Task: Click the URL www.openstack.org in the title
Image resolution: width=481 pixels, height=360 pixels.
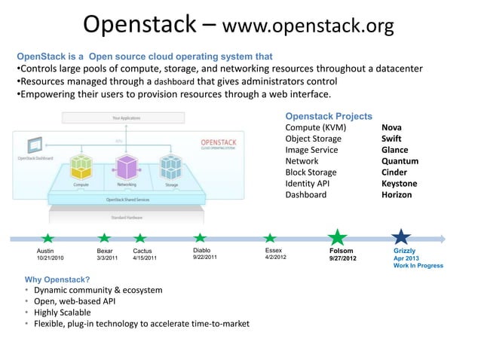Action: [308, 27]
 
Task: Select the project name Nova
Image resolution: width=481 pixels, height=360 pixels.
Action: [391, 127]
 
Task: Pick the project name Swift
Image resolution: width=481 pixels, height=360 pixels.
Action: [391, 139]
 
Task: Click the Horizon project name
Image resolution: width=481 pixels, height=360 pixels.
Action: [397, 194]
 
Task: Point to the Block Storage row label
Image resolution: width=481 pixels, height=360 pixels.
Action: [311, 172]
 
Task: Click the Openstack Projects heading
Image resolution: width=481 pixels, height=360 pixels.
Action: [328, 116]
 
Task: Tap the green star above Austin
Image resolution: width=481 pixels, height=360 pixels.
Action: [47, 239]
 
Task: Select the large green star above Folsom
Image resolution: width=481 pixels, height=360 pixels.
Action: [339, 237]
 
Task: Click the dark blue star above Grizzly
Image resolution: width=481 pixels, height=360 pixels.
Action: [401, 237]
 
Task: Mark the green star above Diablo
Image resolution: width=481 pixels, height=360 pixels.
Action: [200, 239]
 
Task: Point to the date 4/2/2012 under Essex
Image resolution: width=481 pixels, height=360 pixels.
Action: [275, 258]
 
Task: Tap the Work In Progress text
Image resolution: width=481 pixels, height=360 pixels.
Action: [418, 265]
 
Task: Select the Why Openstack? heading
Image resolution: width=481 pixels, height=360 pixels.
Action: [57, 279]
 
